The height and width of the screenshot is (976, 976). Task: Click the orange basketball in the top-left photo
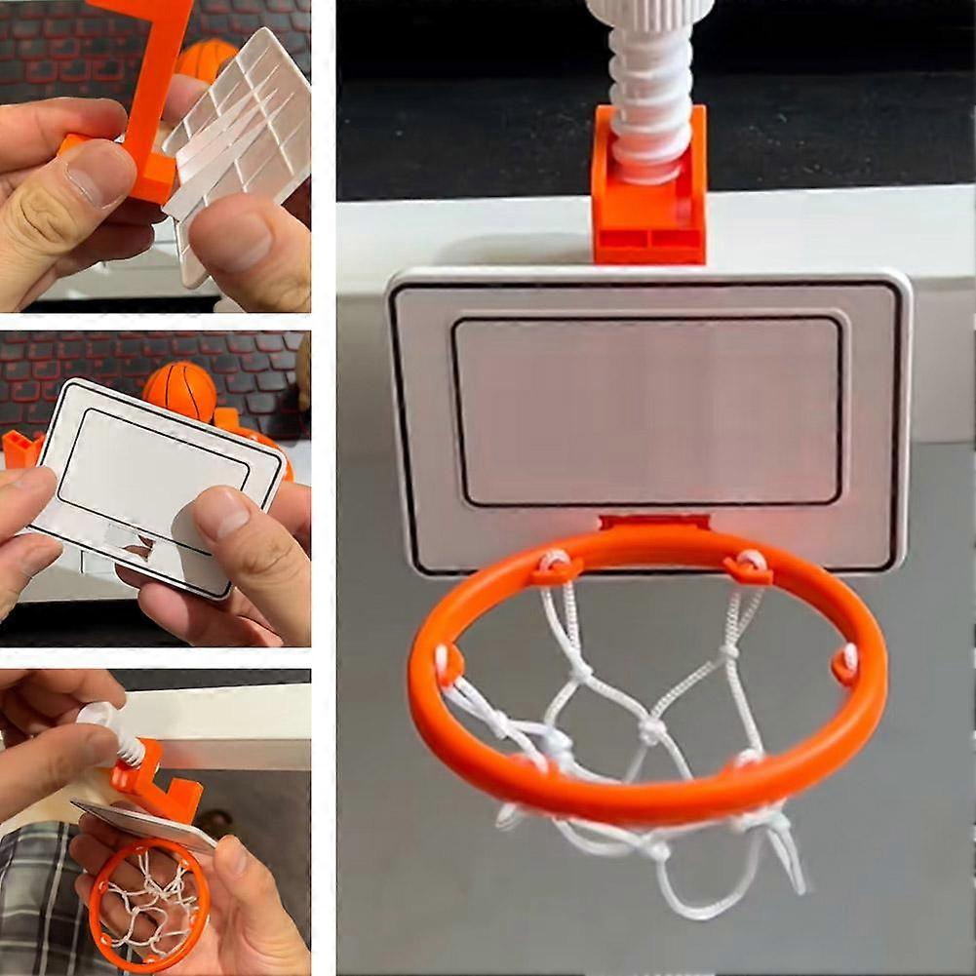pyautogui.click(x=204, y=58)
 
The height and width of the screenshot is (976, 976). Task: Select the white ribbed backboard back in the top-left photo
pyautogui.click(x=244, y=137)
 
